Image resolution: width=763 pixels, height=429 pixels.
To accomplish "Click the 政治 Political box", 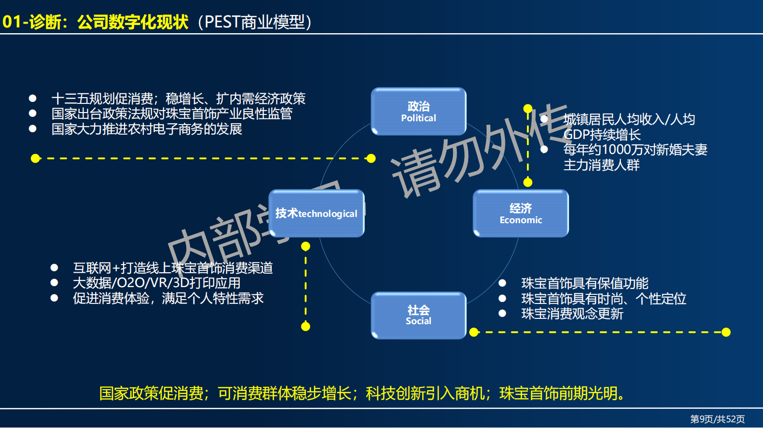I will [x=418, y=112].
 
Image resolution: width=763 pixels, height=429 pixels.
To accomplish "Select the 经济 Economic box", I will [x=521, y=214].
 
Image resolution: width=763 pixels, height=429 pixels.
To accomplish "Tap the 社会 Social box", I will [x=418, y=315].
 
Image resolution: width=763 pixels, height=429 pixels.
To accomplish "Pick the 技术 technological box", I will [x=316, y=214].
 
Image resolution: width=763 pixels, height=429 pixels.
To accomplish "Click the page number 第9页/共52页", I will [x=717, y=419].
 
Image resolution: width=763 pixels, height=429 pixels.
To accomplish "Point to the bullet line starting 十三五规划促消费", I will [x=178, y=99].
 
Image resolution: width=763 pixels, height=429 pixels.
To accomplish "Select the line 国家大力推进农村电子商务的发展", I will [x=147, y=129].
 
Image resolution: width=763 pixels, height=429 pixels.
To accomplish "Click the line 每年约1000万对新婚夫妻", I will [x=635, y=150].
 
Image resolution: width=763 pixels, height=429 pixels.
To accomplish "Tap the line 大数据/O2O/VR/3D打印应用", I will [x=156, y=283].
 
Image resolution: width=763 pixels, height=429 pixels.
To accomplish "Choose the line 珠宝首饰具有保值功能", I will [x=585, y=283].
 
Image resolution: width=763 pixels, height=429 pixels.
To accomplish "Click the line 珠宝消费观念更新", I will [x=572, y=314].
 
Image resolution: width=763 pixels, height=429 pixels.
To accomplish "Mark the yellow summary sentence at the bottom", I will [x=363, y=393].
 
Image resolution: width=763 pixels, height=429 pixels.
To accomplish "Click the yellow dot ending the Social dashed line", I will [x=726, y=332].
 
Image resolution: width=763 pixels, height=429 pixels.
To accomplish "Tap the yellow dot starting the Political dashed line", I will [x=35, y=158].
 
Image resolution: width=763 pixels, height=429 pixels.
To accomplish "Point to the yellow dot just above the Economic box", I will [x=528, y=182].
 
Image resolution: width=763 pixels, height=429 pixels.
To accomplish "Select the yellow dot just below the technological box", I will [x=305, y=246].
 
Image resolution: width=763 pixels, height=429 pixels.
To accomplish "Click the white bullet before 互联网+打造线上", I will [x=54, y=267].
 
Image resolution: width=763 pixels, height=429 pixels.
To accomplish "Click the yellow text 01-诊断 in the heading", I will [x=32, y=22].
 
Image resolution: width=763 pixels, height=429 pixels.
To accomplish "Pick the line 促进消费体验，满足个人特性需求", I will [x=168, y=298].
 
